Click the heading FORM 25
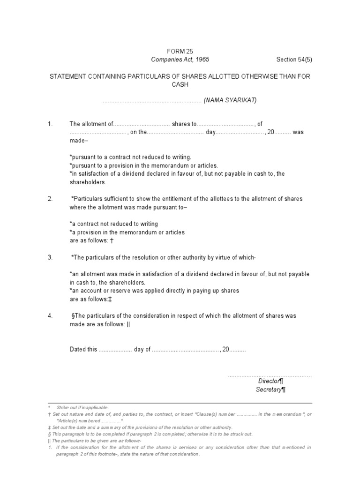point(180,51)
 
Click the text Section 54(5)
point(293,60)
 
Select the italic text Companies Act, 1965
point(180,60)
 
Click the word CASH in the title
point(180,85)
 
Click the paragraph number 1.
point(50,124)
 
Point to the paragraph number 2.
point(50,199)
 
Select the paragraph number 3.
point(50,258)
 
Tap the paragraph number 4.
point(50,316)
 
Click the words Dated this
point(83,350)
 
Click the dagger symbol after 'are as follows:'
point(112,240)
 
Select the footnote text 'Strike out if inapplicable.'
point(82,408)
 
